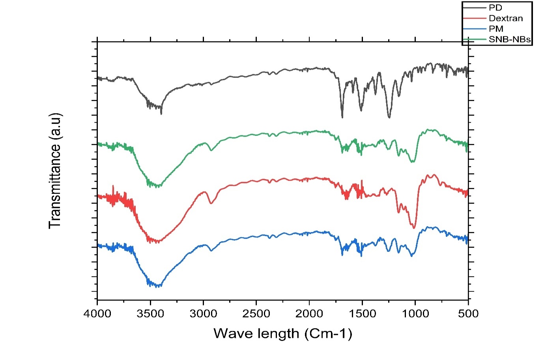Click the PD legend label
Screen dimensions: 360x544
[495, 7]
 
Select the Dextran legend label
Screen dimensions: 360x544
[505, 18]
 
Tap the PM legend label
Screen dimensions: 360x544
[496, 29]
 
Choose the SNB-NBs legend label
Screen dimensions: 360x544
[509, 39]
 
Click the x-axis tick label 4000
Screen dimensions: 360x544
[97, 314]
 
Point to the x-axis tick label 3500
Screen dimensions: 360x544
[150, 314]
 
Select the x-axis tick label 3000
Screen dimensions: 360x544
[203, 314]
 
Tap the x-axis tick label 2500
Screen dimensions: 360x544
[256, 314]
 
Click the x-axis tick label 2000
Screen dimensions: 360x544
[309, 314]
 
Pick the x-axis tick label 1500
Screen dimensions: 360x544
[362, 314]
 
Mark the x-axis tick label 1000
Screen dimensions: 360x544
[415, 314]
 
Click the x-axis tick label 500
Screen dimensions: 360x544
[468, 314]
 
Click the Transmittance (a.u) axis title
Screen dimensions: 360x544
[55, 171]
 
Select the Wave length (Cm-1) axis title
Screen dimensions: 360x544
[282, 334]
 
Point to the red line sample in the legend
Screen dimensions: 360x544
[475, 18]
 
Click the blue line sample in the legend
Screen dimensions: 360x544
[475, 29]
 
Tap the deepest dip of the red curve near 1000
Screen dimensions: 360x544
[414, 228]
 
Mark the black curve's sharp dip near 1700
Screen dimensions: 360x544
[342, 117]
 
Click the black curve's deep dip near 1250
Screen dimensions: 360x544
[389, 118]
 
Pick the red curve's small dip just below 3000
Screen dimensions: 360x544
[211, 203]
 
